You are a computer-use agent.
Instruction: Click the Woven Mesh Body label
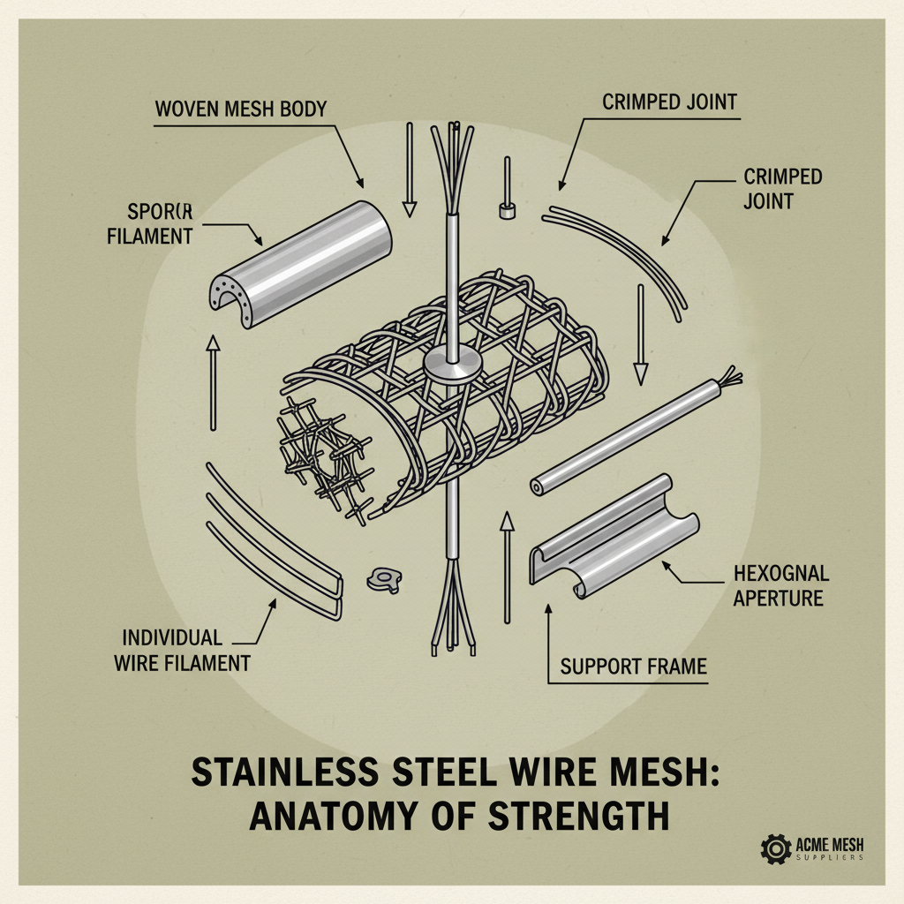[x=240, y=109]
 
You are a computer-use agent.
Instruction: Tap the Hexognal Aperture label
[x=780, y=586]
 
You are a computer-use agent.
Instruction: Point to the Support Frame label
[x=634, y=666]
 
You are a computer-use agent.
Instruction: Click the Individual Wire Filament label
[x=181, y=650]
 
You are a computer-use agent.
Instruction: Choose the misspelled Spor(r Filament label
[x=159, y=224]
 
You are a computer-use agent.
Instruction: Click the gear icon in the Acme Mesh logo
[x=774, y=850]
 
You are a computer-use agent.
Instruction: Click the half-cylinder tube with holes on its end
[x=300, y=254]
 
